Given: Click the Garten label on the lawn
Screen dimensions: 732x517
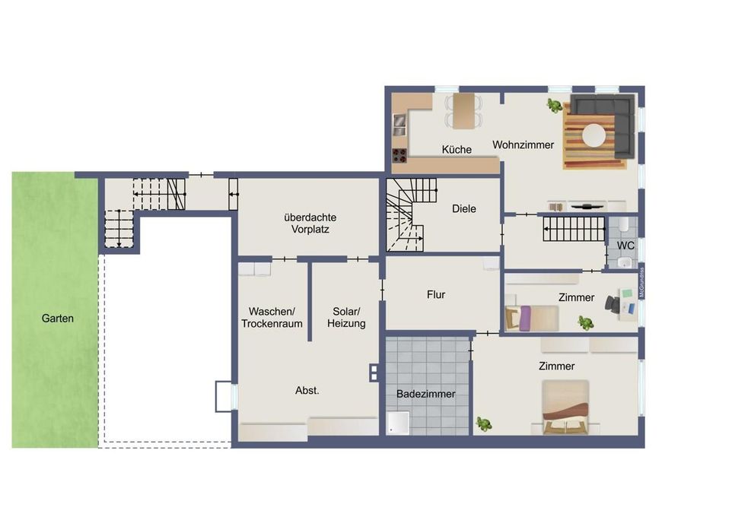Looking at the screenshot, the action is click(x=57, y=319).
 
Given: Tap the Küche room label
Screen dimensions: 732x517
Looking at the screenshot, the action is click(x=457, y=149).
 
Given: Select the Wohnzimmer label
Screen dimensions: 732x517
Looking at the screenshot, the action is click(x=523, y=144).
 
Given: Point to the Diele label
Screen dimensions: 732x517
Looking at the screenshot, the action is click(x=464, y=208).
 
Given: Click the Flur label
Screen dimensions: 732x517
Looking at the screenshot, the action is click(x=436, y=294).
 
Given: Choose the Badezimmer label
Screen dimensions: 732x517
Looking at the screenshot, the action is click(x=426, y=394).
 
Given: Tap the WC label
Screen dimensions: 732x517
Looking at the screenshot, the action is click(x=625, y=246).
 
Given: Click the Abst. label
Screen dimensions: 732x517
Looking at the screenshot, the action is click(x=307, y=391).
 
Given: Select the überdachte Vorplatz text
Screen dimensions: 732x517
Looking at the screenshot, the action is click(x=310, y=223).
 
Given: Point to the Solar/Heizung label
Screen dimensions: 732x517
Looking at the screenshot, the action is click(x=346, y=317).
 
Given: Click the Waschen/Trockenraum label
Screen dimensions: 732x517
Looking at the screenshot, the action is click(x=272, y=317).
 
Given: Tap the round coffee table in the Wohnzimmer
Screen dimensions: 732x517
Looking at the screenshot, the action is click(x=594, y=135).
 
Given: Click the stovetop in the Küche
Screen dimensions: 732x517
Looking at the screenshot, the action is click(x=399, y=155).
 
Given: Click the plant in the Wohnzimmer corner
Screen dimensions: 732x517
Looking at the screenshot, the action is click(x=555, y=106).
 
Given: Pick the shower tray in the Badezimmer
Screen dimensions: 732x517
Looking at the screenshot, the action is click(x=398, y=423).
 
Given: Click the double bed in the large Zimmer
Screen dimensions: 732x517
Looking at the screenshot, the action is click(x=565, y=407).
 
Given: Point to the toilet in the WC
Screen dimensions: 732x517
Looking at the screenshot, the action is click(x=623, y=225).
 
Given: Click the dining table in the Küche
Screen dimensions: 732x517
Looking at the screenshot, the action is click(x=463, y=112).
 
